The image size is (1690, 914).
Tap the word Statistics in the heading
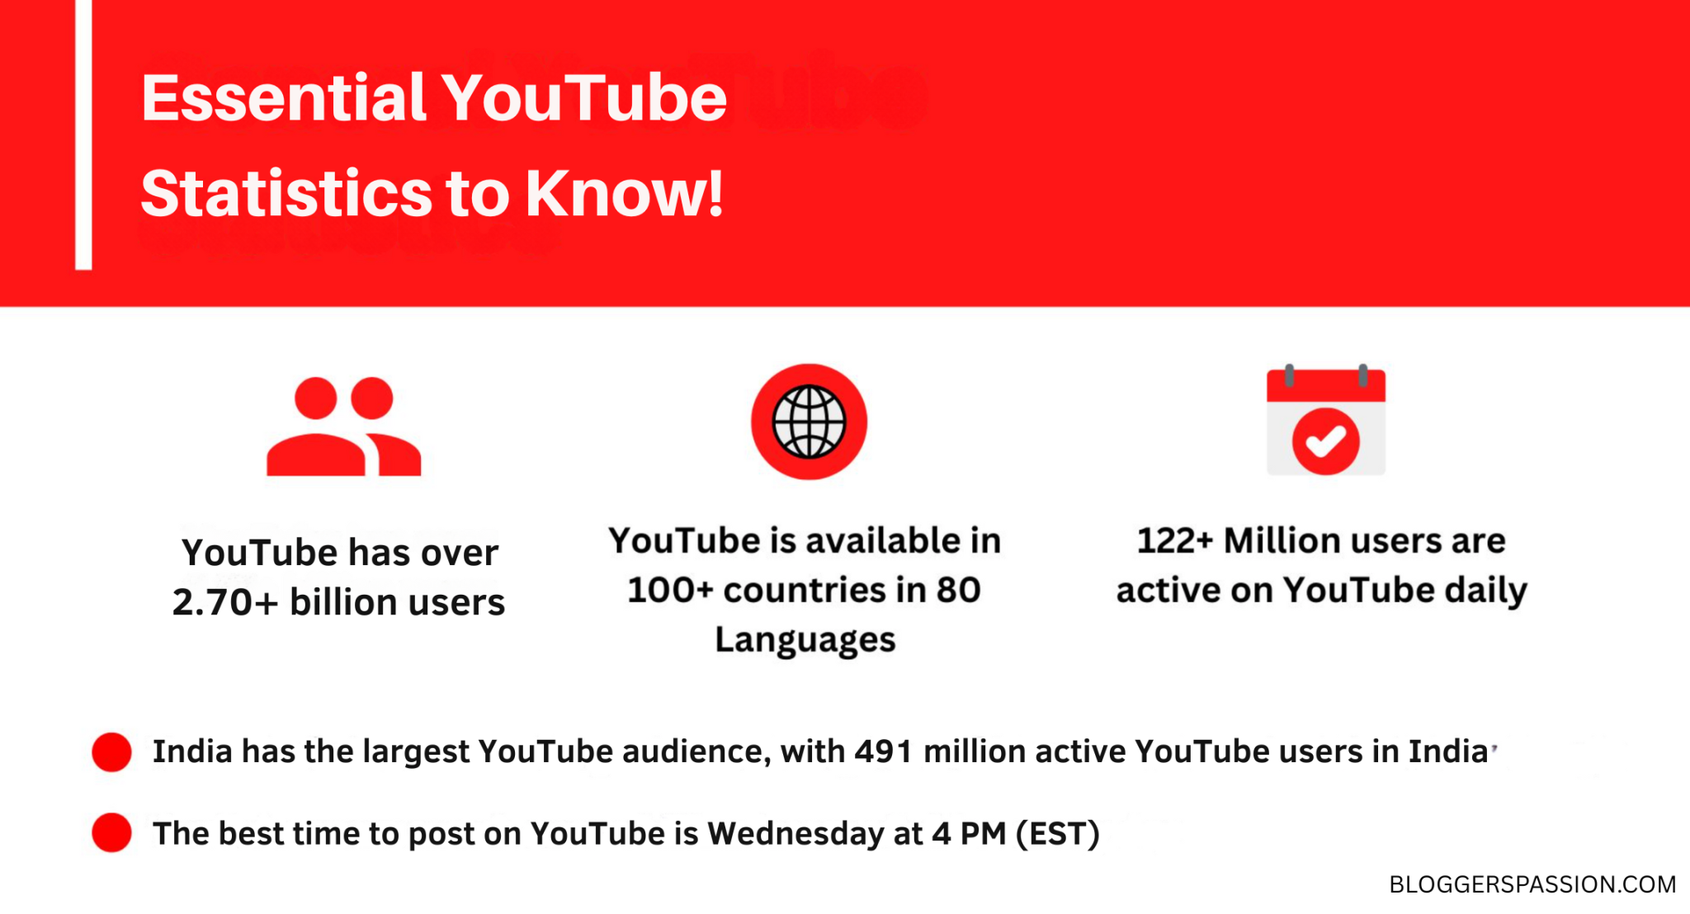pyautogui.click(x=286, y=194)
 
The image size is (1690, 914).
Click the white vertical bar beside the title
pyautogui.click(x=83, y=136)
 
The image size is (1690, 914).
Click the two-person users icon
pyautogui.click(x=343, y=427)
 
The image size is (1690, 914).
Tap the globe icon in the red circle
pyautogui.click(x=809, y=422)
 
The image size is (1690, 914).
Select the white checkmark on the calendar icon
pyautogui.click(x=1325, y=441)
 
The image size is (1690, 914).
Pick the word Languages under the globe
pyautogui.click(x=805, y=640)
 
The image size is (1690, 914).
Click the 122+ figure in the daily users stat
pyautogui.click(x=1174, y=541)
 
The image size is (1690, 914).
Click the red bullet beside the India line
pyautogui.click(x=111, y=751)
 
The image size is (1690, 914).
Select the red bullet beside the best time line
pyautogui.click(x=111, y=832)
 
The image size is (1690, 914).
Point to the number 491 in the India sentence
pyautogui.click(x=882, y=751)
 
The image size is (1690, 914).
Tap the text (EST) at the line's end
pyautogui.click(x=1057, y=834)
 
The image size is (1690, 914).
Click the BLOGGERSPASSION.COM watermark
pyautogui.click(x=1532, y=884)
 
